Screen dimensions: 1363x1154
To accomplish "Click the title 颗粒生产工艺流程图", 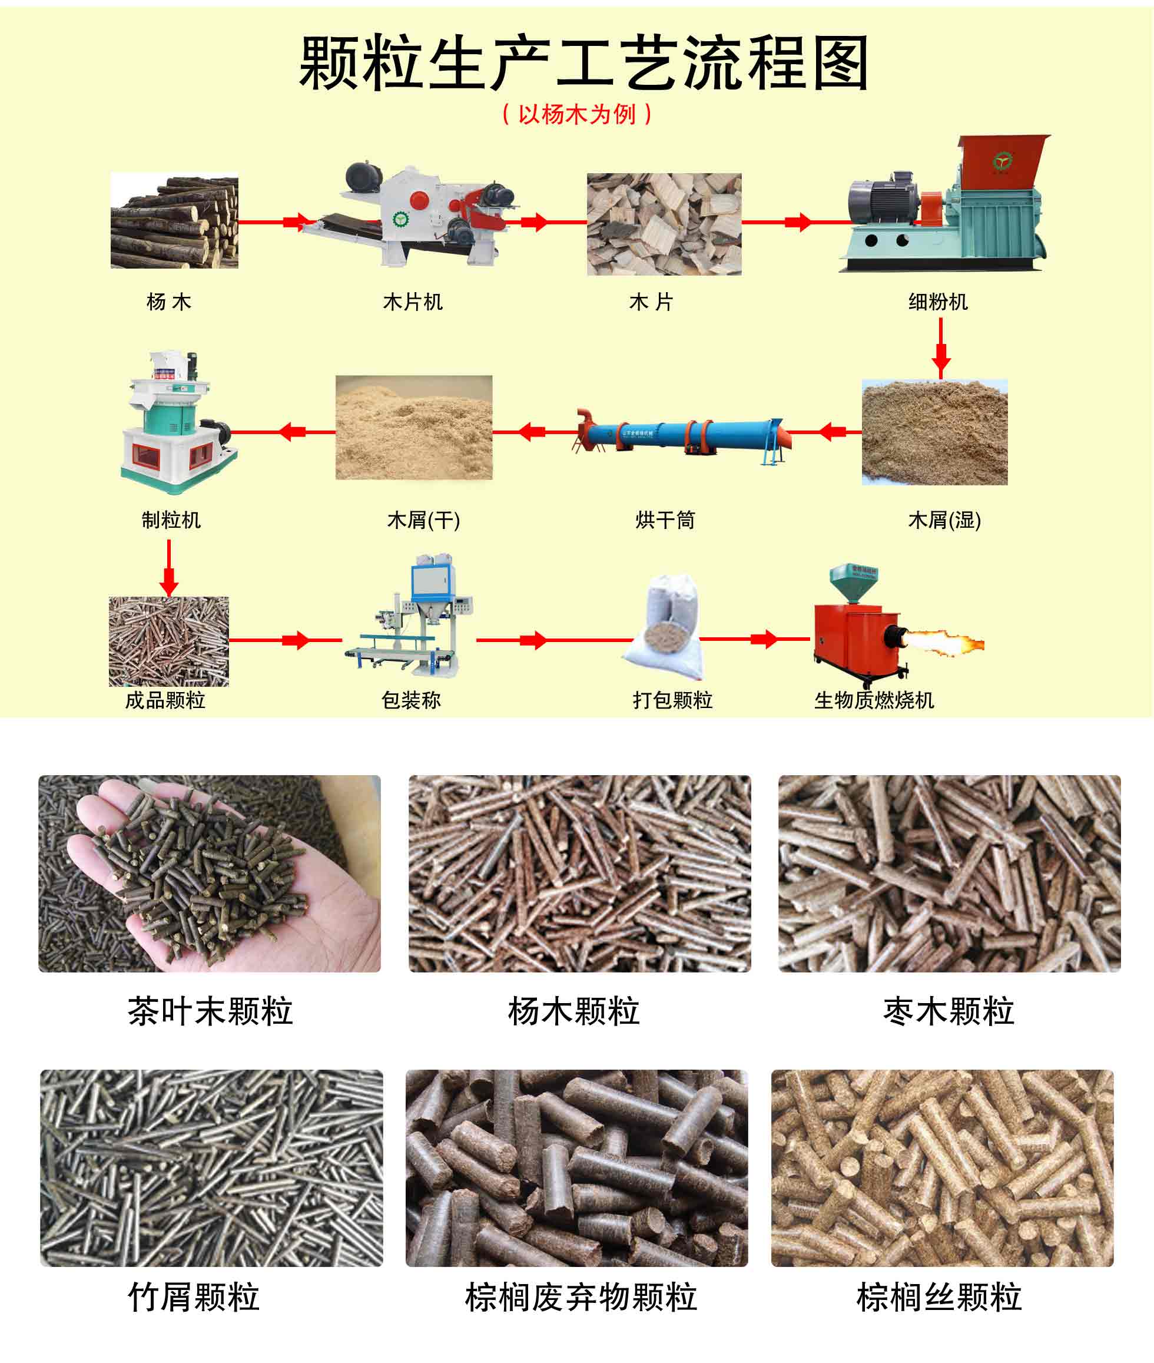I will (583, 64).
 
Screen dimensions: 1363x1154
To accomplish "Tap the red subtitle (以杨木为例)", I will (576, 114).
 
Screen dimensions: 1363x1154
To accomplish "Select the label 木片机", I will (413, 302).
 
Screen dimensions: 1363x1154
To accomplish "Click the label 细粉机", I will (937, 302).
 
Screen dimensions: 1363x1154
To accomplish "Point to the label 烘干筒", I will (665, 520).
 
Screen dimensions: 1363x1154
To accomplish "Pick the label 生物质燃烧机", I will (873, 700).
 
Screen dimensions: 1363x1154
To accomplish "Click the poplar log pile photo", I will (174, 221).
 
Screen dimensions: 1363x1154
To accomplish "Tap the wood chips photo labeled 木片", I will (664, 224).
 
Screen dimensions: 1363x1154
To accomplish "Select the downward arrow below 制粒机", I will (169, 569).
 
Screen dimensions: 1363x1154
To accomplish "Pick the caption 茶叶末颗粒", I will (210, 1011).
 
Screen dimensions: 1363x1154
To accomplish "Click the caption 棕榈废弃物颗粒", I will (581, 1297).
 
